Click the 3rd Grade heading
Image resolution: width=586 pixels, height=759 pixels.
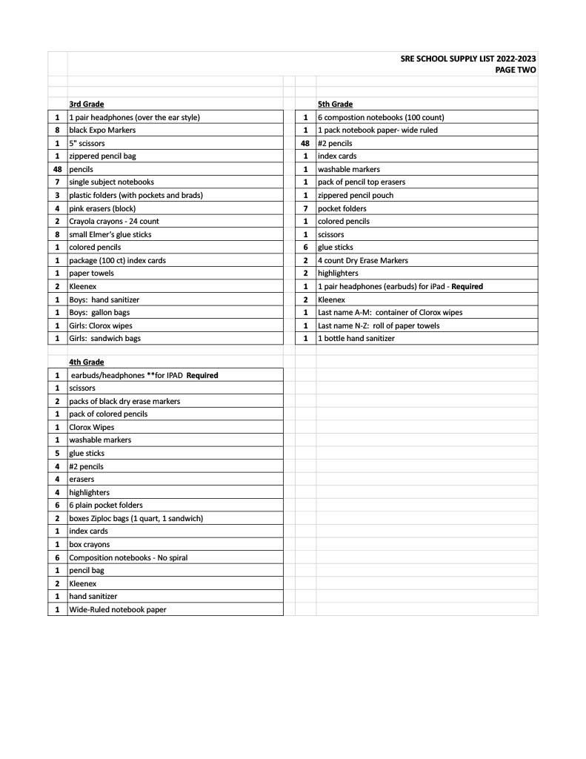tap(86, 105)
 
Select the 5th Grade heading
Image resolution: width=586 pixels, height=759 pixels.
tap(335, 105)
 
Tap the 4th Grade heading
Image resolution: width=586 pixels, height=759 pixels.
tap(86, 362)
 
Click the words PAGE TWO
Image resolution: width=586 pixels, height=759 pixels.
tap(516, 70)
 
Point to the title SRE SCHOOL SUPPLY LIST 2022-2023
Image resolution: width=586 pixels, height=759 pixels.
tap(468, 59)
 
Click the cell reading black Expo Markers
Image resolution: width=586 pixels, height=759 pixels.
tap(102, 130)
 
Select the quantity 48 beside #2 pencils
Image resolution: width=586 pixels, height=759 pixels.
tap(304, 144)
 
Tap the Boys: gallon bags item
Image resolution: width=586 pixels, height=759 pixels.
tap(99, 313)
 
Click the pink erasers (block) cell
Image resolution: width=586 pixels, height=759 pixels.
tap(102, 209)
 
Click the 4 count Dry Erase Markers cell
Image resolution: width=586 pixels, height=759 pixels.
tap(362, 261)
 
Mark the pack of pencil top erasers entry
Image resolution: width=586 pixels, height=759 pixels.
tap(362, 182)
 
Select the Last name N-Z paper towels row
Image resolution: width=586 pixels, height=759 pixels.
tap(378, 325)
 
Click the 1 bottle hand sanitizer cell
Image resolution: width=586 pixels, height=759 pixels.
tap(356, 339)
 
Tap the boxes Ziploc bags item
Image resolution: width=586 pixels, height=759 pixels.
tap(136, 518)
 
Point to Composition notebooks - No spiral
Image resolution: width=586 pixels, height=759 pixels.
tap(133, 557)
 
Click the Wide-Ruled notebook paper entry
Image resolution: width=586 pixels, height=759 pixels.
tap(117, 610)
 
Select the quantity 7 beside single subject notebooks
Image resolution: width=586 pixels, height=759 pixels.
tap(57, 182)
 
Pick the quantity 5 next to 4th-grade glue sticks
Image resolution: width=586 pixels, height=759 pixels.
tap(57, 454)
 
